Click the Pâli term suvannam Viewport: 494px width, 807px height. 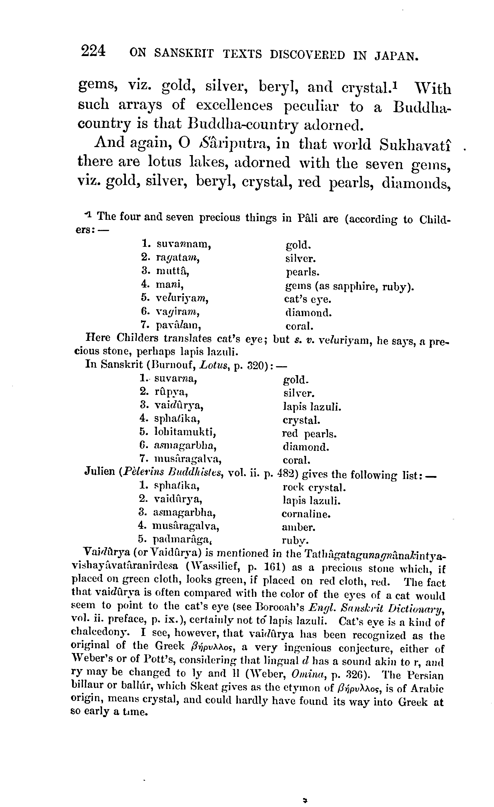point(184,244)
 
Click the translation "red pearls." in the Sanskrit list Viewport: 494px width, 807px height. point(309,434)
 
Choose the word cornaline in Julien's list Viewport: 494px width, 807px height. point(306,514)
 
